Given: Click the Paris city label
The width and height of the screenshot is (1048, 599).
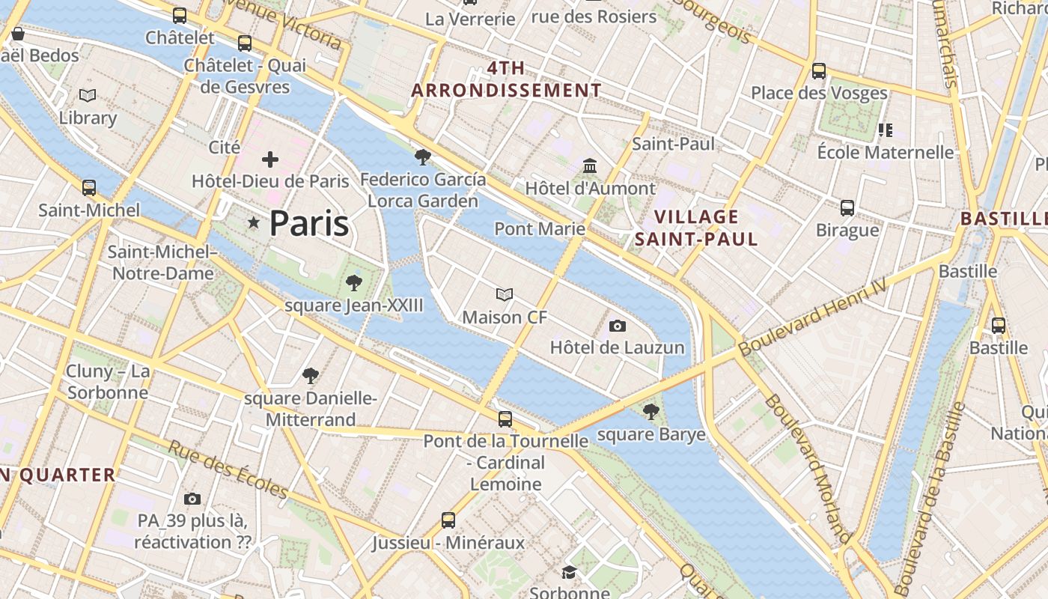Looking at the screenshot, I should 308,223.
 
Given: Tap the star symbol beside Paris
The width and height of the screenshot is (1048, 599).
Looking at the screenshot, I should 254,222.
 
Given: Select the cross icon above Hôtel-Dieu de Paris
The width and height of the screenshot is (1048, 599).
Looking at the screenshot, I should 270,159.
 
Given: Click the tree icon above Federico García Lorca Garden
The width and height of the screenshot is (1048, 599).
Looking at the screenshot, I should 422,157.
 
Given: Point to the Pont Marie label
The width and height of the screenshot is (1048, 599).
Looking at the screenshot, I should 539,228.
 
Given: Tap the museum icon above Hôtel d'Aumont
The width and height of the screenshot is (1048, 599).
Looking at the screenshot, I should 590,165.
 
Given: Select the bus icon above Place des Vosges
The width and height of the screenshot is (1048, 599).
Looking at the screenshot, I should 819,71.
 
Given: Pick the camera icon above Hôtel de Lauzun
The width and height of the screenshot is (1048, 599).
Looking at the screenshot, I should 618,326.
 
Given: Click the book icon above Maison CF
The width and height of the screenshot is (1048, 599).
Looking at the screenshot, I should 505,295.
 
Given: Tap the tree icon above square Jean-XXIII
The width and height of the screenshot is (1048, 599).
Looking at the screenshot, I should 353,283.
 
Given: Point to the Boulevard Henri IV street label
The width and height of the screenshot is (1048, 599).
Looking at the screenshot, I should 812,317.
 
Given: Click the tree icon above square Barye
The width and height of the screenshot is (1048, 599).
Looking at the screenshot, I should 651,411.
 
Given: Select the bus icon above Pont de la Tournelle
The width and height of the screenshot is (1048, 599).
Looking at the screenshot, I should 505,419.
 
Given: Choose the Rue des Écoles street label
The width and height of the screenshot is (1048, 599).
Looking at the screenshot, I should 228,469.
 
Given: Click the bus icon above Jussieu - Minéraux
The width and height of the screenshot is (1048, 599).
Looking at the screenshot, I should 448,520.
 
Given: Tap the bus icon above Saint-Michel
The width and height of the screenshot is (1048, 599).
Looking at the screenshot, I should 89,188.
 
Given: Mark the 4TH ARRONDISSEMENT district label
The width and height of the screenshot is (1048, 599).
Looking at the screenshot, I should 507,79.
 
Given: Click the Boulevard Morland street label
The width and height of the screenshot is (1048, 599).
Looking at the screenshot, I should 808,468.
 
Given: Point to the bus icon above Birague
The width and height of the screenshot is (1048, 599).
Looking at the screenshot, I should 847,207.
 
